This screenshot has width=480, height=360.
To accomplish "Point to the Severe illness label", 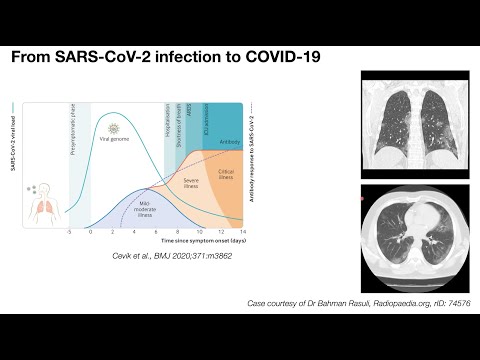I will tap(193, 183).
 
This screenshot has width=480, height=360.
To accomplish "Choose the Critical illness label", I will tap(226, 174).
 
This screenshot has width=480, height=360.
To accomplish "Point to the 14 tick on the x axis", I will tap(244, 231).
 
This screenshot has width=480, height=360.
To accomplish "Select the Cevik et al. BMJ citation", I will tap(156, 258).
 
